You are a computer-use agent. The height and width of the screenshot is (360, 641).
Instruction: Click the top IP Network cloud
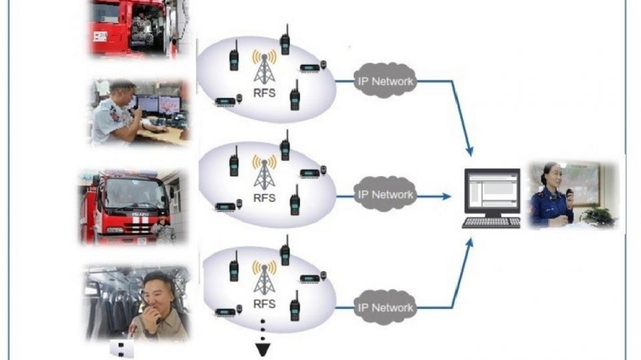385,81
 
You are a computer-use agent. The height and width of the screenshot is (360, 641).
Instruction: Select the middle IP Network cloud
385,194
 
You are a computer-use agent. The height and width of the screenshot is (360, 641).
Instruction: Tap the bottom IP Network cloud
385,307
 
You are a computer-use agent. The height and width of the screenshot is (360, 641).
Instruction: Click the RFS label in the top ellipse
264,92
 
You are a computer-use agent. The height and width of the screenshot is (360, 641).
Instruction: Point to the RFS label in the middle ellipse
264,197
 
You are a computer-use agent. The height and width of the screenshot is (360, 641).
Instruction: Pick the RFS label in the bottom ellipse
264,303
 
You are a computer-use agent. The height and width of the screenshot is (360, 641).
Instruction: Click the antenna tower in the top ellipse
264,67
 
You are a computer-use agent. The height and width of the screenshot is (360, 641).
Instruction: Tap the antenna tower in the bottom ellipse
264,277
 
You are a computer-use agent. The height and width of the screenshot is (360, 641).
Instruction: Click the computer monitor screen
492,191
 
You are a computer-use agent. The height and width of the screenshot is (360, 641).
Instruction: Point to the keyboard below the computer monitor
492,222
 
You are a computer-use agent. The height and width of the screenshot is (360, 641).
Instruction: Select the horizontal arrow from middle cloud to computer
440,196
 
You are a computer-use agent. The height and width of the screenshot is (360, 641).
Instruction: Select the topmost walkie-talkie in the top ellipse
285,41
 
